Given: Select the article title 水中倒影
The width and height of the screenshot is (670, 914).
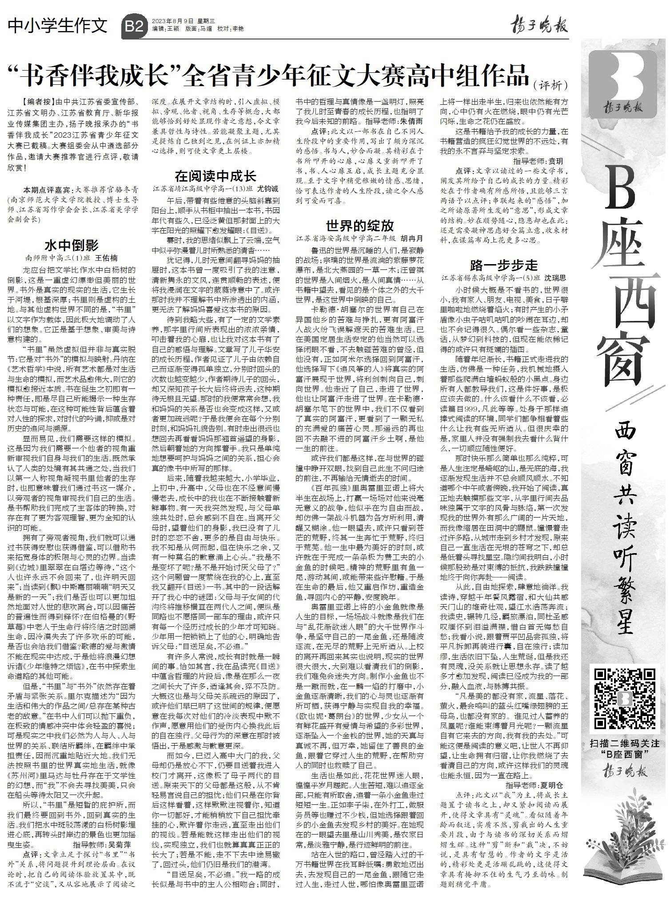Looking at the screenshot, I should click(x=72, y=245).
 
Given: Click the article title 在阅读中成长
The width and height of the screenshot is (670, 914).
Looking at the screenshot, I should click(x=215, y=176).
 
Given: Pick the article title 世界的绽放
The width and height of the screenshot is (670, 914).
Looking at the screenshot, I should click(x=359, y=226).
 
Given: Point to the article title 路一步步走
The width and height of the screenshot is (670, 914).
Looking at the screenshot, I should click(x=504, y=266).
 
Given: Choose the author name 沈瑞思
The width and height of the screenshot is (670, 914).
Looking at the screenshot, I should click(x=555, y=278).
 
